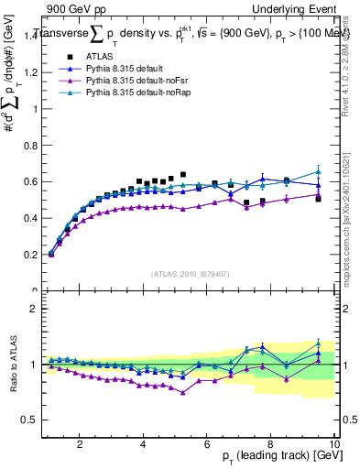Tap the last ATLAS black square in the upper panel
tap(318, 198)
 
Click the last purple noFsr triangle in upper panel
tap(318, 194)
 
